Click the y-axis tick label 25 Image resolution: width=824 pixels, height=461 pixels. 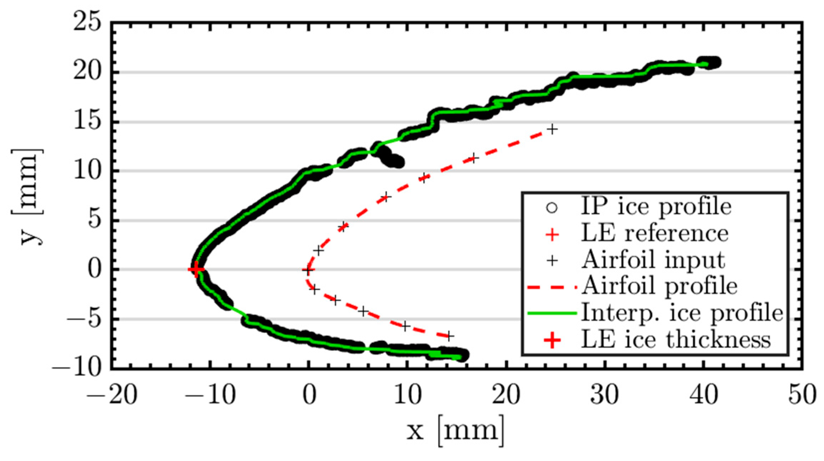87,24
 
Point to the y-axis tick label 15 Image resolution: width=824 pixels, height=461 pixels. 87,122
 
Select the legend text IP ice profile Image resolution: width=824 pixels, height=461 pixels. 656,207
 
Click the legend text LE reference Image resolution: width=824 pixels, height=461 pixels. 655,234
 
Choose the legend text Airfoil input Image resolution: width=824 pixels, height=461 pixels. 653,260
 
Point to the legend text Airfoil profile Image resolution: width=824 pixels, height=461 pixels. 659,287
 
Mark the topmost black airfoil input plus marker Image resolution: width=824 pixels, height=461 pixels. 552,129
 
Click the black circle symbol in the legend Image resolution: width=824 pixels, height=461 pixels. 552,208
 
